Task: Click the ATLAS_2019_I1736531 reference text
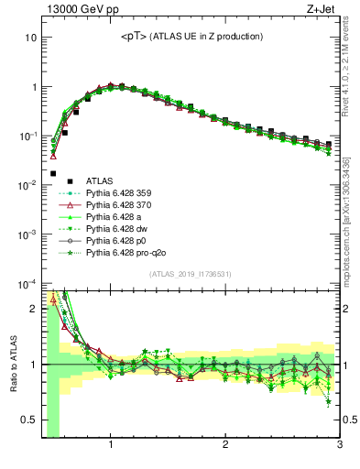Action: click(191, 274)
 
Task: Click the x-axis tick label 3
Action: click(339, 446)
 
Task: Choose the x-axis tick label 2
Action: click(225, 446)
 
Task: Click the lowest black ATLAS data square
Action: click(53, 173)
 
